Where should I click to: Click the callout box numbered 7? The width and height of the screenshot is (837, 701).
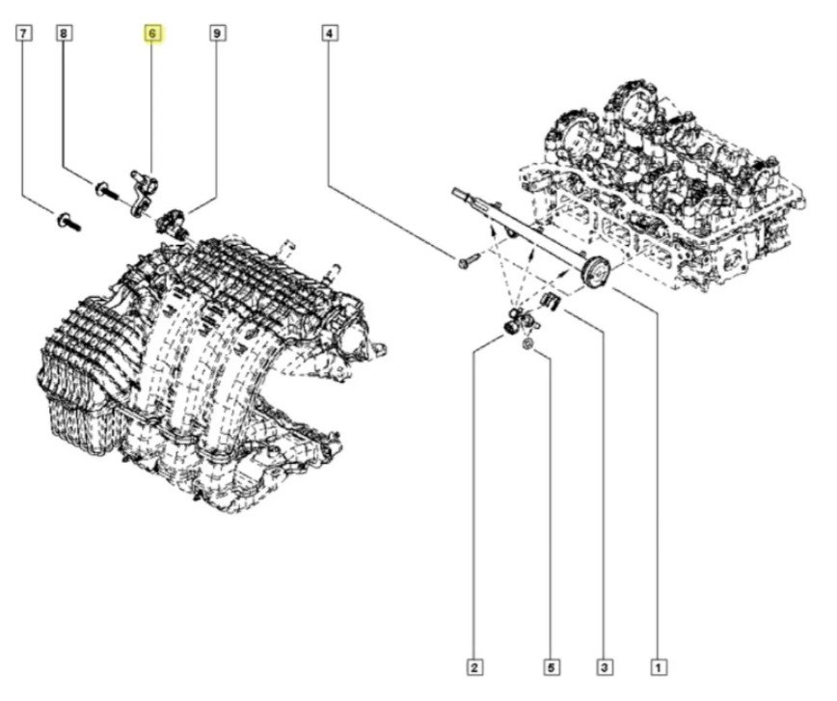pos(24,35)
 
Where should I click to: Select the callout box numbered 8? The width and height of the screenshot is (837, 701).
pos(64,35)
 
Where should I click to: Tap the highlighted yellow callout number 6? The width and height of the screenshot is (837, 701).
pos(152,35)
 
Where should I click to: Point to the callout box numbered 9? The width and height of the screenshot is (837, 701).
pos(218,35)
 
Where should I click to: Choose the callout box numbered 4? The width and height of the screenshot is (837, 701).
pos(330,35)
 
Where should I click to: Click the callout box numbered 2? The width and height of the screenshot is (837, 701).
pos(475,665)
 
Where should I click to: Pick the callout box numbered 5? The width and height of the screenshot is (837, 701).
pos(551,665)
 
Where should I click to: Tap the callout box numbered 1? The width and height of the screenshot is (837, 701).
pos(658,665)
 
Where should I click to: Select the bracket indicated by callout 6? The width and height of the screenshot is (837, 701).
pos(144,187)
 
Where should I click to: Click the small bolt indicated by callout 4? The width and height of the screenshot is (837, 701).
pos(468,260)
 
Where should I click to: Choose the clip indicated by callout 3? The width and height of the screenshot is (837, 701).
pos(553,302)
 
